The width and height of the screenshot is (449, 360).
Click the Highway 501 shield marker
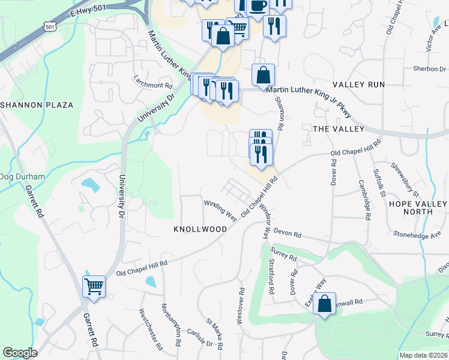click(50, 26)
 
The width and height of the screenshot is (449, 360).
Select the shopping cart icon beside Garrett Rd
click(94, 287)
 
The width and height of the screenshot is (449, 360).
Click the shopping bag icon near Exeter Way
click(324, 304)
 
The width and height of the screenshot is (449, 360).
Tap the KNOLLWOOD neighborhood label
click(200, 229)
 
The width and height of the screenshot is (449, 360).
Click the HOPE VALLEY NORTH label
click(418, 208)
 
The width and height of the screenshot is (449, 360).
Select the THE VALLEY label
click(338, 129)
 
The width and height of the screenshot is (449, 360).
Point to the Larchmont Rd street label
click(153, 85)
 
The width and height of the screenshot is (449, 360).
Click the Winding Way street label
click(219, 211)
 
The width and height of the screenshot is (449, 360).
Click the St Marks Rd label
click(215, 334)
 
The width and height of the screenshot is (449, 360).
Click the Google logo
click(20, 353)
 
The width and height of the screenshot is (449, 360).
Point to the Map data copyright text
click(423, 355)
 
